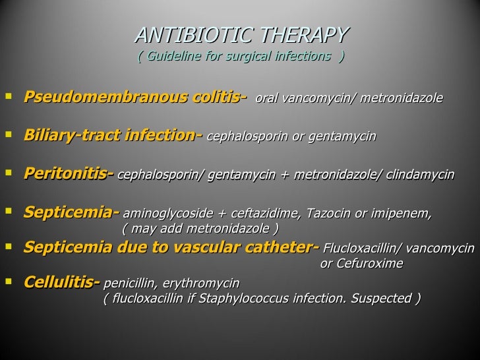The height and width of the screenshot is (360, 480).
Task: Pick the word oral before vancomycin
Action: [x=266, y=100]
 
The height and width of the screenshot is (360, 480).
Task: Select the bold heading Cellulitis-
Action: [x=61, y=283]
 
